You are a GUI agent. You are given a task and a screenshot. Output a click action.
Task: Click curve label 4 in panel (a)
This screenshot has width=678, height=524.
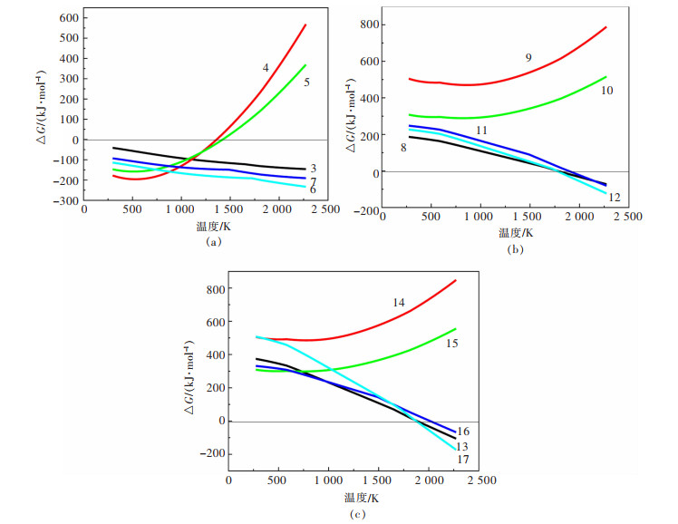(x=266, y=67)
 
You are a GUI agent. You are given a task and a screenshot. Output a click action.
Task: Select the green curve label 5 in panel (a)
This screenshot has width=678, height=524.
(x=307, y=82)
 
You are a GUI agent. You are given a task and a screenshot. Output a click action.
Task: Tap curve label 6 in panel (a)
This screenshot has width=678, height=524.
(x=313, y=189)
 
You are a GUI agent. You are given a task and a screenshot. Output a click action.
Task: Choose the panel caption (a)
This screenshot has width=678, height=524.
(x=214, y=242)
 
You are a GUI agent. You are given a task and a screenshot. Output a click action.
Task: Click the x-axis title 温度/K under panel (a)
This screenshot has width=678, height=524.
(x=214, y=229)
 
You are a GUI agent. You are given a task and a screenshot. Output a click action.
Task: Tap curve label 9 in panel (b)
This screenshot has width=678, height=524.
(x=528, y=58)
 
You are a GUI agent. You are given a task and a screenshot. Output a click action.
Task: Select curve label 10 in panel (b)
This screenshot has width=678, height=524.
(x=608, y=90)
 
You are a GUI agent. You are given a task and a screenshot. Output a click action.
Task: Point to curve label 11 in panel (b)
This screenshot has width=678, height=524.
(x=482, y=131)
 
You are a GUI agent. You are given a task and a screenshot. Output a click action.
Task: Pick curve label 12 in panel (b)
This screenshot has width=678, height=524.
(x=614, y=198)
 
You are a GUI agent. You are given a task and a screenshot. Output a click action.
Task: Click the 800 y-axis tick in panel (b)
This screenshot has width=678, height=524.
(x=366, y=24)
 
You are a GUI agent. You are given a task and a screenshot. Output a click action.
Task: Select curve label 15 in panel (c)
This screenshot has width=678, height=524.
(x=451, y=344)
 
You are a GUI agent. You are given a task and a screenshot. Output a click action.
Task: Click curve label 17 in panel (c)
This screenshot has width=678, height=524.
(x=463, y=459)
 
